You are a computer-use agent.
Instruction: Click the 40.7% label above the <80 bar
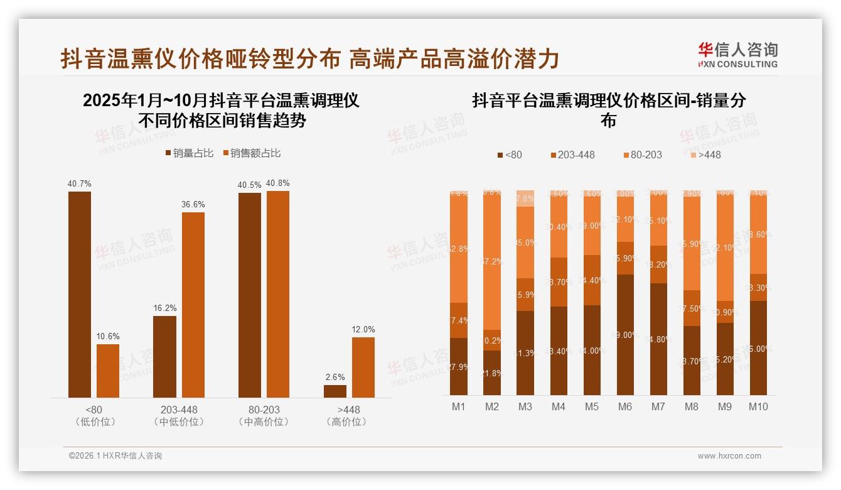[x=80, y=184]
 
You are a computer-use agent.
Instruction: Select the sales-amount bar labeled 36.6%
[x=193, y=305]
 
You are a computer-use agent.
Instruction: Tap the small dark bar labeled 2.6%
[x=335, y=391]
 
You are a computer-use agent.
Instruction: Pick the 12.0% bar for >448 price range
[x=363, y=367]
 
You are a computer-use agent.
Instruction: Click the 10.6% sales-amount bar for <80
[x=108, y=371]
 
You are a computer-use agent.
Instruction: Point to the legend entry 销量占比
[x=190, y=153]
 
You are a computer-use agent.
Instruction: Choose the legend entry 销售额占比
[x=252, y=153]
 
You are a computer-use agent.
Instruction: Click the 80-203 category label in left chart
[x=264, y=410]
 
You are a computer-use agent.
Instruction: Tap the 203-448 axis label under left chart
[x=179, y=410]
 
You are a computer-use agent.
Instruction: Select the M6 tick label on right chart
[x=624, y=406]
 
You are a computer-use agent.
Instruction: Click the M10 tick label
[x=758, y=406]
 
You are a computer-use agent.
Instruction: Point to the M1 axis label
[x=459, y=406]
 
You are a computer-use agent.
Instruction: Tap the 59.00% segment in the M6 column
[x=624, y=335]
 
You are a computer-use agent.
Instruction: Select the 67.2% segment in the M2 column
[x=492, y=261]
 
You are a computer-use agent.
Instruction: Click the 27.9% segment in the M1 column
[x=459, y=367]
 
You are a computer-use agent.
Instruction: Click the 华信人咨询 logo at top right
[x=737, y=55]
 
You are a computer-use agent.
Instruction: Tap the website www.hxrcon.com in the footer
[x=729, y=456]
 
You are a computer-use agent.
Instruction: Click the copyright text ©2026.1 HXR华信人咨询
[x=115, y=456]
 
